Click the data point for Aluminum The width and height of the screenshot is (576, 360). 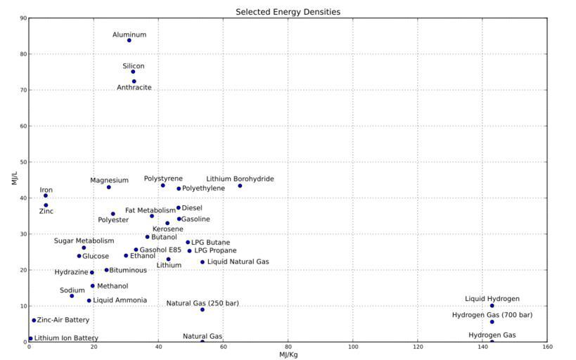129,40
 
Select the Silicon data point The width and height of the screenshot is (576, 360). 133,72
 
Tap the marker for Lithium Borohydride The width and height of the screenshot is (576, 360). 240,186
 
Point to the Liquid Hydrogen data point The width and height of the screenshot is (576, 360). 492,306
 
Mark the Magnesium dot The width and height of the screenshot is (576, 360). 109,187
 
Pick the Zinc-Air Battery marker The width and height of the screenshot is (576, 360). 34,320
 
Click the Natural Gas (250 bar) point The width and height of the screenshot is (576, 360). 203,309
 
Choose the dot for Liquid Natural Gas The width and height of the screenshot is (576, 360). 203,262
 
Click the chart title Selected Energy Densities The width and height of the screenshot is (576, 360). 288,12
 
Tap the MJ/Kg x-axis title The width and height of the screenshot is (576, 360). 288,354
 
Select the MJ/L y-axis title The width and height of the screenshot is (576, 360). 13,179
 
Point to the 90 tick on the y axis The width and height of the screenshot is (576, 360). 23,18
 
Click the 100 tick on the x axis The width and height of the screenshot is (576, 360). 353,347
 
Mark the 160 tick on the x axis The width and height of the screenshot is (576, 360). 547,347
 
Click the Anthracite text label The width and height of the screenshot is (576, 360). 134,88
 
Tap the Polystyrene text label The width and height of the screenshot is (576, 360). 163,179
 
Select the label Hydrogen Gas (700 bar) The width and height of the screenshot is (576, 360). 492,314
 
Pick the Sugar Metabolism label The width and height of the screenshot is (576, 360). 84,241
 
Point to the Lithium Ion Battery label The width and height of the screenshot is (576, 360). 66,338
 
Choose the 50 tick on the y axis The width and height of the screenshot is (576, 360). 23,162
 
